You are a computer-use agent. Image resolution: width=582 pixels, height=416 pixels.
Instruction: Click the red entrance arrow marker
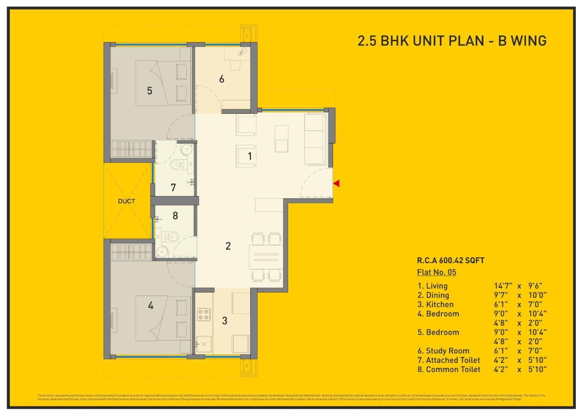click(x=336, y=183)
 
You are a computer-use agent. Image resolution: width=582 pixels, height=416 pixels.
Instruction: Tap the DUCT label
click(x=126, y=201)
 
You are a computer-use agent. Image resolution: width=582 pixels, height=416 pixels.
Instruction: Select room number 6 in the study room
click(x=222, y=79)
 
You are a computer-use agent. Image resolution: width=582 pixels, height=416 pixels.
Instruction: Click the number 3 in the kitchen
click(x=225, y=321)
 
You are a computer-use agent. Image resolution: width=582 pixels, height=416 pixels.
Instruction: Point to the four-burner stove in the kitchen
click(x=205, y=315)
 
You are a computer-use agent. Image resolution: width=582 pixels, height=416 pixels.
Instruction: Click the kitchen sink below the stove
click(x=204, y=344)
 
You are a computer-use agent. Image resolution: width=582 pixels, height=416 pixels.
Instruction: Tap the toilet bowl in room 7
click(x=178, y=165)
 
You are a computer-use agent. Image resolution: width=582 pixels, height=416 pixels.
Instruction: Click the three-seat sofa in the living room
click(x=315, y=139)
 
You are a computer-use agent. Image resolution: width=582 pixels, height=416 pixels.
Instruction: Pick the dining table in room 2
click(x=266, y=257)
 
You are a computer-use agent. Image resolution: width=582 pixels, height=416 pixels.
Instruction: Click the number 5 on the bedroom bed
click(x=150, y=90)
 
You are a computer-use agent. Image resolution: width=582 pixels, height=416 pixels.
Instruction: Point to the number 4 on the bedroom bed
click(x=151, y=305)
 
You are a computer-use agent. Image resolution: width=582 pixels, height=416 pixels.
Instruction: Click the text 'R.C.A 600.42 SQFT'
click(x=451, y=261)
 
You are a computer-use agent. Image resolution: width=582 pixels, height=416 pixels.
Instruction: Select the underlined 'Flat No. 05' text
click(x=437, y=273)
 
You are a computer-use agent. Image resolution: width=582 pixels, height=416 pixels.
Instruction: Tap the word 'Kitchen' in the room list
click(x=440, y=305)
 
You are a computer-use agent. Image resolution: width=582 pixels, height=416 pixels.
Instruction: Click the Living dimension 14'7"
click(x=503, y=286)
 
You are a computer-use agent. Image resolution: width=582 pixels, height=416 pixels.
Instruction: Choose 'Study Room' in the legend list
click(x=447, y=351)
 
